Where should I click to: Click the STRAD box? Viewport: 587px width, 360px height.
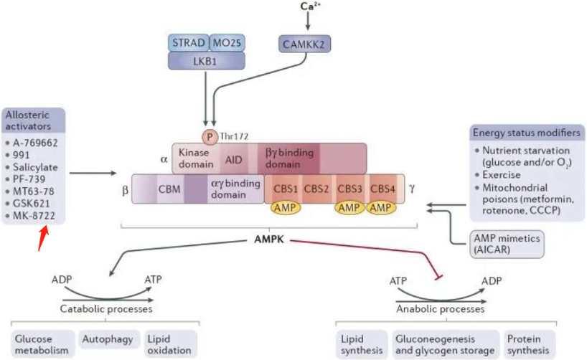(189, 43)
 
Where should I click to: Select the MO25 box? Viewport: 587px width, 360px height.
(227, 43)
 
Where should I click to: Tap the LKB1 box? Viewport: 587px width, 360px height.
(206, 61)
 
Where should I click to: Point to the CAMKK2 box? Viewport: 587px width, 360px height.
(304, 44)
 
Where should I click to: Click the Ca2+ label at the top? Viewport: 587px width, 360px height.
(310, 6)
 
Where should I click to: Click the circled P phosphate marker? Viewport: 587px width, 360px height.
(210, 138)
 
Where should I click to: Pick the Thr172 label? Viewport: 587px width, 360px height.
(234, 136)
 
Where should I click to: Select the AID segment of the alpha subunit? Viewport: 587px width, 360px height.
(234, 160)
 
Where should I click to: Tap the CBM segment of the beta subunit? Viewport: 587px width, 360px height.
(169, 189)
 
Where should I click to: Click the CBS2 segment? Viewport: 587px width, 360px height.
(316, 189)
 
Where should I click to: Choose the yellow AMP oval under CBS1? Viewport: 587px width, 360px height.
(286, 207)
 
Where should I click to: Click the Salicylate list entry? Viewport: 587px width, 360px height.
(35, 167)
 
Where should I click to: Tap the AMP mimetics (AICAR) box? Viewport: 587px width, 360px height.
(507, 244)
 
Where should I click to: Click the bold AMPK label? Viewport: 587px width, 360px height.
(269, 240)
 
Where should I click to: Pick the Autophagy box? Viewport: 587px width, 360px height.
(108, 339)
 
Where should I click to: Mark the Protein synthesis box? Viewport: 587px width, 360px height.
(528, 344)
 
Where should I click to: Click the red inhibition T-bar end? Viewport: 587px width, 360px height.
(438, 278)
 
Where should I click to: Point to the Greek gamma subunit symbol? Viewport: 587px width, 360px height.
(412, 189)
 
